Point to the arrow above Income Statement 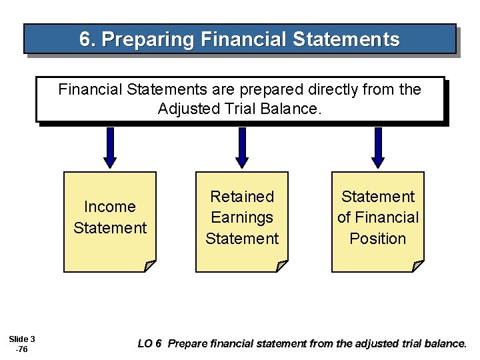(x=111, y=147)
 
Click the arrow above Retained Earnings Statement (x=242, y=147)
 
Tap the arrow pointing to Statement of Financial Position (x=377, y=147)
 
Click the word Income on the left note (x=110, y=207)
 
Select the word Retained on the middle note (x=242, y=197)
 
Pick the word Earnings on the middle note (x=242, y=217)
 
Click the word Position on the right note (x=378, y=238)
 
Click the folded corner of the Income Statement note (x=149, y=266)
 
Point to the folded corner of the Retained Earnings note (x=281, y=266)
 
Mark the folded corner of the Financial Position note (x=417, y=266)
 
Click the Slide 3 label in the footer (x=23, y=339)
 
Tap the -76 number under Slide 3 (x=22, y=349)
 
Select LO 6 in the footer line (x=149, y=344)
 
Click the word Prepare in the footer (x=189, y=344)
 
